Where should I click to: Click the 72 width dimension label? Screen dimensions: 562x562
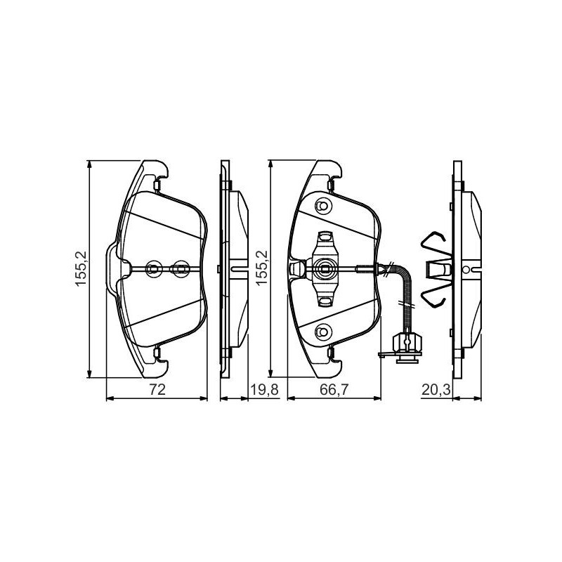(157, 389)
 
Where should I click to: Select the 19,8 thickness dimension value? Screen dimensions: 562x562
(264, 389)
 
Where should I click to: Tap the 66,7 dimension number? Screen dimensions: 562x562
(334, 389)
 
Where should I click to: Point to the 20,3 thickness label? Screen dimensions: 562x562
(436, 389)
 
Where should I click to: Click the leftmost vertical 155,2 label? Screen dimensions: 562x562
(81, 268)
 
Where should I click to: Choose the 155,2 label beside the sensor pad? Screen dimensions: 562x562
(262, 268)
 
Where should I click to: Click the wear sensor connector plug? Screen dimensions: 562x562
(407, 344)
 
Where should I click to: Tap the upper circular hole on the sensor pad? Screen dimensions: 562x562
(323, 206)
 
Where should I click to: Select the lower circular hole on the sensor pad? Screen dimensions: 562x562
(323, 332)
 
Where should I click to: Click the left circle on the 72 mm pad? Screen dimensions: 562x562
(154, 268)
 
